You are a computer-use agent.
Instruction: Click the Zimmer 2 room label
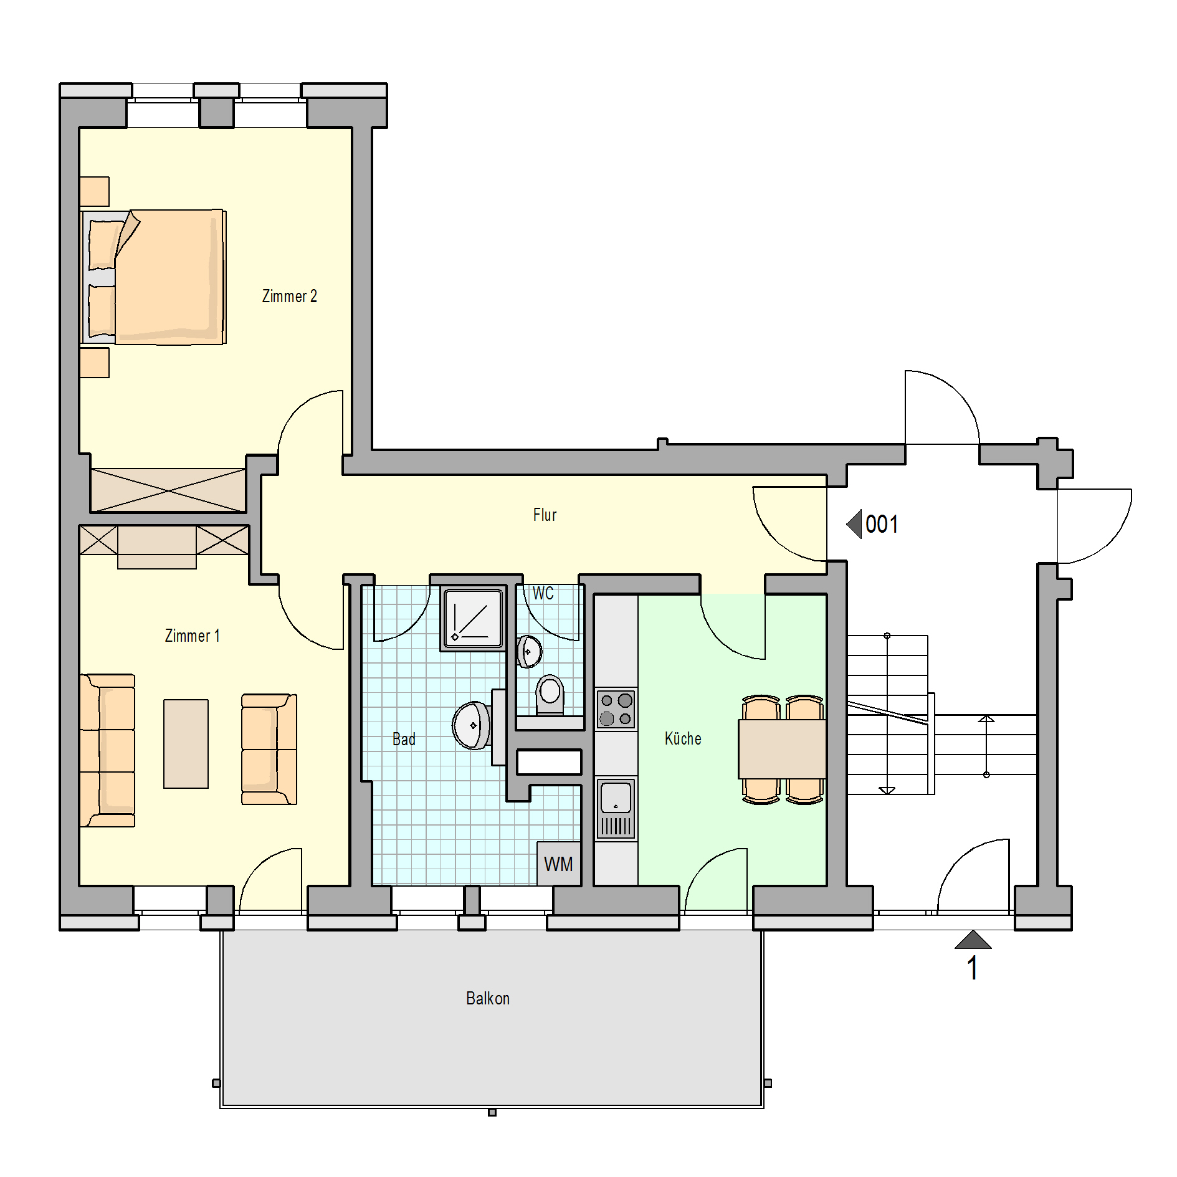289,296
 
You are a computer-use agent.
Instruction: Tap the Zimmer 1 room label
192,636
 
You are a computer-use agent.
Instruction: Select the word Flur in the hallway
545,515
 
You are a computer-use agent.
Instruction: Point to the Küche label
683,738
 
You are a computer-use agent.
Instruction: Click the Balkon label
488,998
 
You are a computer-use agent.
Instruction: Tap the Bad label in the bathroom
404,739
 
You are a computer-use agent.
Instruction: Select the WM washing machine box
559,864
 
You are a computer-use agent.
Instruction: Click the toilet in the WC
550,695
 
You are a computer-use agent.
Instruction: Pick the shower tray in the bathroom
473,618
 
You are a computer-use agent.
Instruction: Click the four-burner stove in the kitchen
616,709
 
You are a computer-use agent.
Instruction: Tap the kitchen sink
616,808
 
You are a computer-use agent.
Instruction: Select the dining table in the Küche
782,749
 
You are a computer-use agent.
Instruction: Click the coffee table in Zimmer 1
186,743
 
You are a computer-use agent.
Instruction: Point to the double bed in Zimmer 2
153,277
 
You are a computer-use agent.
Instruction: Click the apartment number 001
882,525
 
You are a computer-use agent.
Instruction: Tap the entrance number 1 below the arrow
972,968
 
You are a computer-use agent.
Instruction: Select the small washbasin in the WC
529,652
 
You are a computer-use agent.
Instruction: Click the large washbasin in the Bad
472,725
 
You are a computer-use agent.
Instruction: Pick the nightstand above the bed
95,191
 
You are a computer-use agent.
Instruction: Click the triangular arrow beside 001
855,524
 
